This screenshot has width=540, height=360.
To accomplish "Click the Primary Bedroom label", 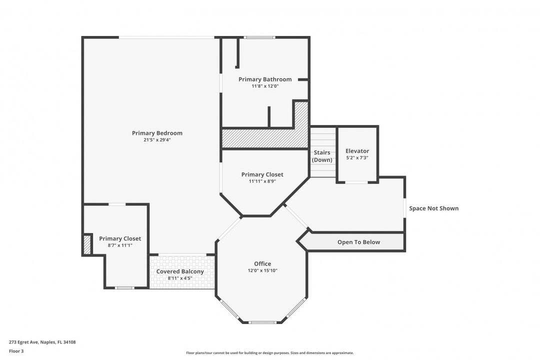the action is [x=157, y=133].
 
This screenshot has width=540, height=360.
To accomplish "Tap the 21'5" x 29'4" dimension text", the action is [x=157, y=140].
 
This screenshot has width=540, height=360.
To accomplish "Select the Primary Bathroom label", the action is [x=265, y=79].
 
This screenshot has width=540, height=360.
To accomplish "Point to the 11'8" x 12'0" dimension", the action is [x=265, y=86].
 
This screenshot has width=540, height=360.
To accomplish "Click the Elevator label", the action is [x=357, y=151].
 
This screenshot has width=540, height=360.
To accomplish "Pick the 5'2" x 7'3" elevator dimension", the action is [x=357, y=158].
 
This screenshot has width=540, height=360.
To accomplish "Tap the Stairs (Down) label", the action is [x=322, y=156].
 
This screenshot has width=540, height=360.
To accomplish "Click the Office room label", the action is [x=262, y=263].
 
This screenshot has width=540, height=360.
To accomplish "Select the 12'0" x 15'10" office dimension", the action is [x=262, y=270].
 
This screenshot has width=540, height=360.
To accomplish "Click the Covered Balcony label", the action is [x=180, y=271].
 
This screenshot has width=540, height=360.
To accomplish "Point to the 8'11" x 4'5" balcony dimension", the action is [x=180, y=278].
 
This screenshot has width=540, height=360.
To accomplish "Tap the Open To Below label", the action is [x=358, y=242].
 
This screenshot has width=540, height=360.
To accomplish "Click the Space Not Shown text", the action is [x=433, y=208].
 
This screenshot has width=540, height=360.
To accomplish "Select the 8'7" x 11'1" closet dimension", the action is [x=120, y=245].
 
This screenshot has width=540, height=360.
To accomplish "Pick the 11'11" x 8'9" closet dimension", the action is [x=262, y=181].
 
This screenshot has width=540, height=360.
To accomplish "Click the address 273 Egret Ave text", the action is [x=24, y=342].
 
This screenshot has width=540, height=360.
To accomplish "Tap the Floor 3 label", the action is [x=16, y=351].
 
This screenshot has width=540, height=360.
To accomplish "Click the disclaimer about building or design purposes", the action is [x=269, y=353].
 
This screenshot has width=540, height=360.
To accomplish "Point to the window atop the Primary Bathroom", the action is [x=259, y=37].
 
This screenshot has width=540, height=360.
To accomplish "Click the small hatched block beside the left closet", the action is [x=87, y=244].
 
